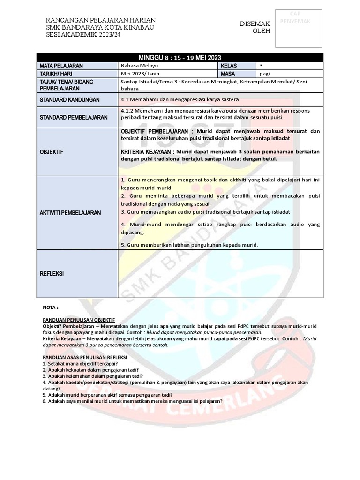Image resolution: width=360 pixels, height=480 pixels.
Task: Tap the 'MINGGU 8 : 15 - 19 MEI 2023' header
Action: (x=180, y=57)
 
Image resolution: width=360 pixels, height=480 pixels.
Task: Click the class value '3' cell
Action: (x=261, y=66)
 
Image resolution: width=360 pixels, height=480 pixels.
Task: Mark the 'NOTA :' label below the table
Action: (x=50, y=307)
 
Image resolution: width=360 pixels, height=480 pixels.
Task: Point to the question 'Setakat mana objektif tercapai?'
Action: (x=82, y=363)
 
